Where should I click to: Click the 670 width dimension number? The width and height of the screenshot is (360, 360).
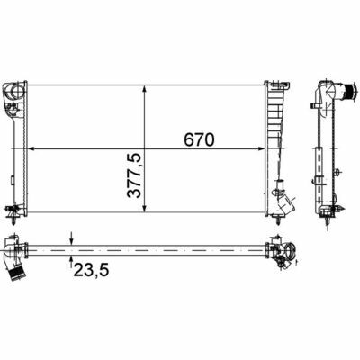pos(200,139)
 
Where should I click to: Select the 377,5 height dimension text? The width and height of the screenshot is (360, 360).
pos(134,175)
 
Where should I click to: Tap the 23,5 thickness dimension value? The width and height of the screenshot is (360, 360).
pos(91,269)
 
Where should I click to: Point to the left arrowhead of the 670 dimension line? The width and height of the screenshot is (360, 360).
pos(31,148)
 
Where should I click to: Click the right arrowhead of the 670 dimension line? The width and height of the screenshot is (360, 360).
pos(261,148)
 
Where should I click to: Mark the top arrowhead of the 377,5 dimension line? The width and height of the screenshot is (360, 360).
pos(145,89)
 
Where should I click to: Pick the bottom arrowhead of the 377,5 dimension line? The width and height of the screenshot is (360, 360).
pos(145,209)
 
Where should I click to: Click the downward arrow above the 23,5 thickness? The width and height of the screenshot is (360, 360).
pos(71,238)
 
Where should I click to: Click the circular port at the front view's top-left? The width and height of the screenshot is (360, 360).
pos(15,90)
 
